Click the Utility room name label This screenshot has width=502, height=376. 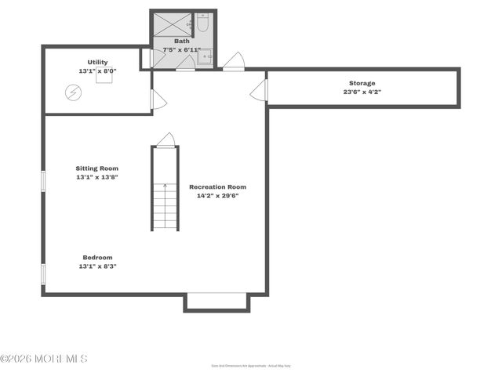click(x=98, y=62)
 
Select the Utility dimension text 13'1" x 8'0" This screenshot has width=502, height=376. click(x=98, y=71)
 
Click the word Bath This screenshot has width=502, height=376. click(x=181, y=41)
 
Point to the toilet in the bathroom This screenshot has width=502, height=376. click(x=202, y=23)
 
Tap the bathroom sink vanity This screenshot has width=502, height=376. click(x=202, y=55)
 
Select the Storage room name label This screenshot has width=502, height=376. click(x=362, y=83)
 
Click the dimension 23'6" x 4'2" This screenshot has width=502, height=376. click(x=362, y=92)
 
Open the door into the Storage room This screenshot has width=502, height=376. click(x=260, y=90)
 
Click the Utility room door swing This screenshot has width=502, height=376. click(x=158, y=99)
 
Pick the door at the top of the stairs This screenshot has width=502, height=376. click(x=166, y=140)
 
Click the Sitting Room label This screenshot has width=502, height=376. click(x=97, y=168)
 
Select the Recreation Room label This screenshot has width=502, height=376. click(x=217, y=186)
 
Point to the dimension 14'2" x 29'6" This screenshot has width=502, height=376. click(x=217, y=196)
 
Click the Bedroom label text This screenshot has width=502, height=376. click(x=97, y=257)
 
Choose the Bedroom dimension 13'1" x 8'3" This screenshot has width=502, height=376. click(x=97, y=266)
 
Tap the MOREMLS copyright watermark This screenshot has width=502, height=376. click(x=44, y=359)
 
